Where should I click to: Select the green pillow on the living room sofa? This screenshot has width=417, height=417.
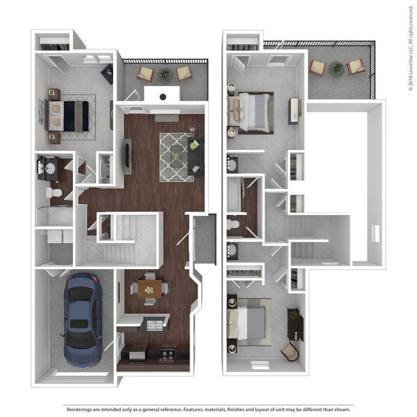tap(194, 145)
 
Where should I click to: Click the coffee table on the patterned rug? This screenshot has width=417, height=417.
tap(176, 157)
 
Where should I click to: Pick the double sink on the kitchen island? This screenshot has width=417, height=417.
tap(154, 326)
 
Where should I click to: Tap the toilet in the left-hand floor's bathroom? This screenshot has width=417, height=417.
tap(55, 193)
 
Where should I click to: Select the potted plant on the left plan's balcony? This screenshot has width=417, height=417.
tap(165, 74)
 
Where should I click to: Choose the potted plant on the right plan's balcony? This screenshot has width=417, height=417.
tap(337, 68)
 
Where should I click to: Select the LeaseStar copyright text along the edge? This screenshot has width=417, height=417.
tap(411, 54)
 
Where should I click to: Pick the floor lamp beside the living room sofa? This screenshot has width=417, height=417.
tap(192, 127)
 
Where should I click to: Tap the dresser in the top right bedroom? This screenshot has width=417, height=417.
tap(294, 111)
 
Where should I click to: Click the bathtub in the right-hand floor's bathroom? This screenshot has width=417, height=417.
tap(234, 194)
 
